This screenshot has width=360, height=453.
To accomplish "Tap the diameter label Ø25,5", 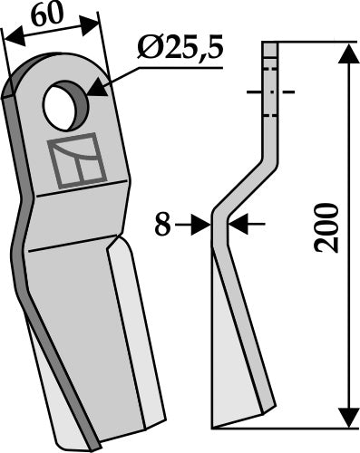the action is coord(180,48).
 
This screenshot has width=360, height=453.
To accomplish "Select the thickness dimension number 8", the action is coord(162,225).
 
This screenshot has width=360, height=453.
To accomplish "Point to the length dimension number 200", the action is coord(326,228).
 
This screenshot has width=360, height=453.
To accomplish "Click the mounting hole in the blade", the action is coord(65,106).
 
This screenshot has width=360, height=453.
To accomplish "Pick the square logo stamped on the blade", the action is coord(77,160).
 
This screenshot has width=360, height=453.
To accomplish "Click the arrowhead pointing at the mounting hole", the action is coord(97,89).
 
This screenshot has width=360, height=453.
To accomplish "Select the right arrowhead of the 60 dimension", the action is coord(90,24).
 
